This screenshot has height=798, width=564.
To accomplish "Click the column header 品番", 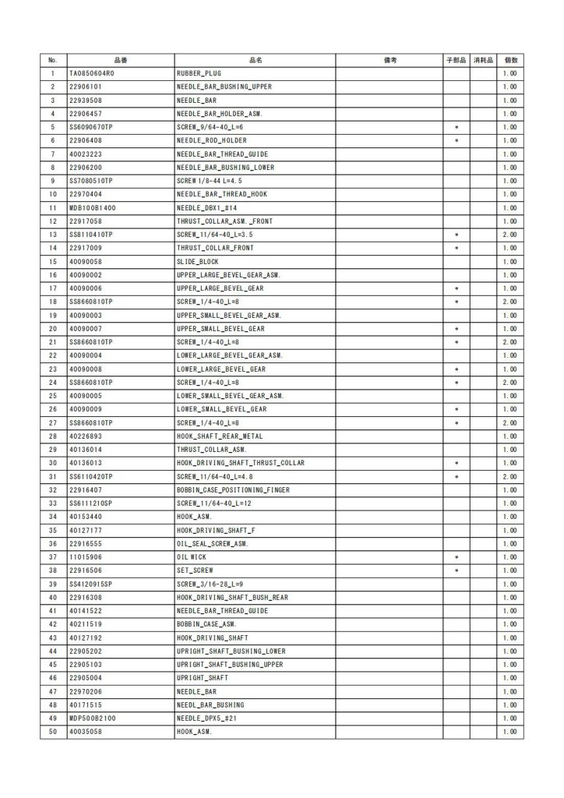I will (120, 60).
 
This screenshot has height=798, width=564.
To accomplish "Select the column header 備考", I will (390, 60).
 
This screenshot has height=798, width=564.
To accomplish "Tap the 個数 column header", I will (510, 60).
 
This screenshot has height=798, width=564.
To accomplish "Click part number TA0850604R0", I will (92, 73).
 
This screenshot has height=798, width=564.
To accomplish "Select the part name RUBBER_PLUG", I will (199, 73).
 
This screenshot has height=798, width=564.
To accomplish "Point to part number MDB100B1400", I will (93, 208).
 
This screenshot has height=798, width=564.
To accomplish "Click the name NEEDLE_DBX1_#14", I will (205, 208).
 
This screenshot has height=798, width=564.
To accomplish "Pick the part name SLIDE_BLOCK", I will (198, 262).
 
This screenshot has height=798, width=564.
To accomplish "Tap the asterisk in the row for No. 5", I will (456, 127).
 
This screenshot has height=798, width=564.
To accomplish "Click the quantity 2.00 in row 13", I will (510, 235).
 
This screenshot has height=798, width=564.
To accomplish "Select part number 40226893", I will (86, 436).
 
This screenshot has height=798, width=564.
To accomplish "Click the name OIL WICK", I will (192, 557).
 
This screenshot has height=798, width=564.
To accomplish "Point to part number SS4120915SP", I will (91, 584).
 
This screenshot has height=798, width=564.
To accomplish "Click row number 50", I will (53, 733).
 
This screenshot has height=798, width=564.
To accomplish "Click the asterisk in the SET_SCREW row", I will (456, 571).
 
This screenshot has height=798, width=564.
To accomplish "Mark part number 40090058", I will (86, 262).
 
